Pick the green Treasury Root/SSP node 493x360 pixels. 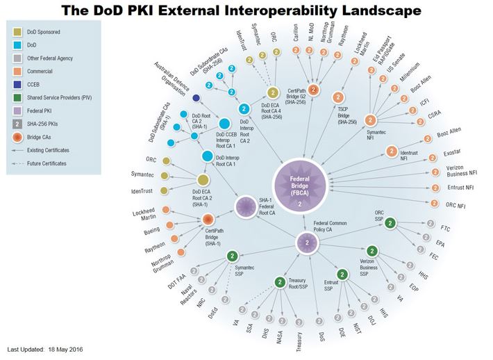[x=280, y=282]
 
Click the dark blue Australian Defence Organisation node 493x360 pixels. [x=197, y=98]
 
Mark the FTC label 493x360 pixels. [x=444, y=227]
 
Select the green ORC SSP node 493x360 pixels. [x=390, y=223]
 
